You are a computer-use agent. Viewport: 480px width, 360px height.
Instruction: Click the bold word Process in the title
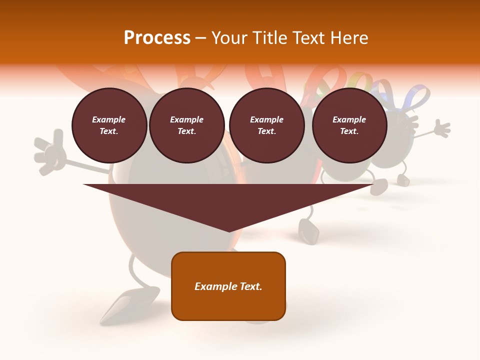click(157, 38)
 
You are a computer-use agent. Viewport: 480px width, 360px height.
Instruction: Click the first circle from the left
click(109, 125)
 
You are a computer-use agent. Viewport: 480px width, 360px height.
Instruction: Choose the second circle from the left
click(186, 125)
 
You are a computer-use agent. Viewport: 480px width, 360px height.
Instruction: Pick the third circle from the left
click(266, 125)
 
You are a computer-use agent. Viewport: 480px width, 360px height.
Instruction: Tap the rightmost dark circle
click(349, 125)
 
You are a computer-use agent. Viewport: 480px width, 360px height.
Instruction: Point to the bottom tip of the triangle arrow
click(229, 231)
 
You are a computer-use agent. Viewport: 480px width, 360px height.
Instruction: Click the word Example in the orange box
click(215, 286)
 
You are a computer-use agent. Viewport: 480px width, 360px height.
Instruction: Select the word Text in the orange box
click(250, 286)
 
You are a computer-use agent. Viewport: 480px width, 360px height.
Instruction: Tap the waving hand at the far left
click(50, 152)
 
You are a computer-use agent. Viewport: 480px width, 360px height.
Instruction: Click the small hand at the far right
click(441, 128)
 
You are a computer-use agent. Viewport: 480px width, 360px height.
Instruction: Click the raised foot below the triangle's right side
click(308, 231)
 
